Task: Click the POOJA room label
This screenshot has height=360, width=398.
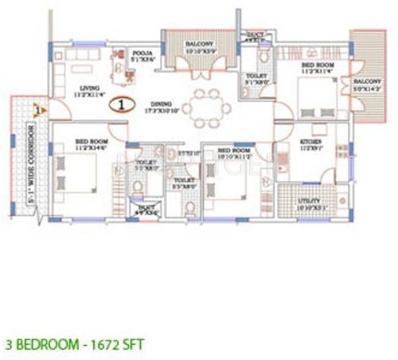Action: [144, 53]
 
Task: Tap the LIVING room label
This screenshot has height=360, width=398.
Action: [83, 91]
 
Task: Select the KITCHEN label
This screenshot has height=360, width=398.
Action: [310, 143]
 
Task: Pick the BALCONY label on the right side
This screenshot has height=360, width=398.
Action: [366, 82]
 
